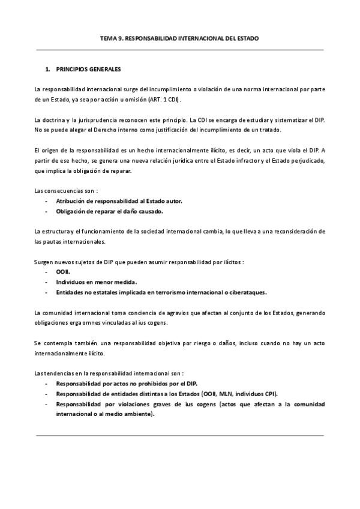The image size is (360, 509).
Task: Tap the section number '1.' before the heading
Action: click(47, 69)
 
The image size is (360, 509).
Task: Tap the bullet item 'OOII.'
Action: click(62, 272)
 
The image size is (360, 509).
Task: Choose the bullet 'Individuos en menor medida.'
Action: click(96, 282)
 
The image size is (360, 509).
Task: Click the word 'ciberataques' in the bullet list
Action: click(246, 292)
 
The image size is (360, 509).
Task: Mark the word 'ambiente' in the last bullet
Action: click(135, 414)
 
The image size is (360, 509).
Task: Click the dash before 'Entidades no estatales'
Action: click(47, 292)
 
